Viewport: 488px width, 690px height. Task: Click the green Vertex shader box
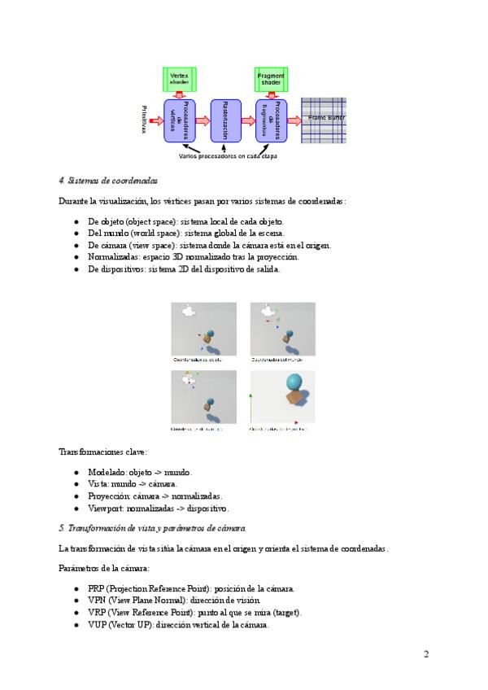pyautogui.click(x=178, y=79)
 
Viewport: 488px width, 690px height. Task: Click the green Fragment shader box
pyautogui.click(x=271, y=79)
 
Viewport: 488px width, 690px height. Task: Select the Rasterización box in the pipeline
pyautogui.click(x=225, y=120)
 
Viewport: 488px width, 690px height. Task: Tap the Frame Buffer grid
pyautogui.click(x=324, y=120)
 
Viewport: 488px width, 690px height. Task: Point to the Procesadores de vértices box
pyautogui.click(x=179, y=120)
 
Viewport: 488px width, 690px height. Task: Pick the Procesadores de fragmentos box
pyautogui.click(x=272, y=120)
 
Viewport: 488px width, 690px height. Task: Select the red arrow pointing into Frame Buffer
pyautogui.click(x=296, y=120)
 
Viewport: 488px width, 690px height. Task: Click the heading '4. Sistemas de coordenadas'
pyautogui.click(x=108, y=181)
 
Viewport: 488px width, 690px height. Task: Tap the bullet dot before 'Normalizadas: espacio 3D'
pyautogui.click(x=76, y=256)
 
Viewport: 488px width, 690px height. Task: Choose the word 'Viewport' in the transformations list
pyautogui.click(x=104, y=507)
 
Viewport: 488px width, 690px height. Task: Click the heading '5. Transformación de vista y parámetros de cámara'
pyautogui.click(x=153, y=527)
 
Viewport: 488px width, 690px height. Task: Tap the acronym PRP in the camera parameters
pyautogui.click(x=96, y=588)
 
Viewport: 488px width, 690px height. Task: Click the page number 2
pyautogui.click(x=425, y=653)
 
